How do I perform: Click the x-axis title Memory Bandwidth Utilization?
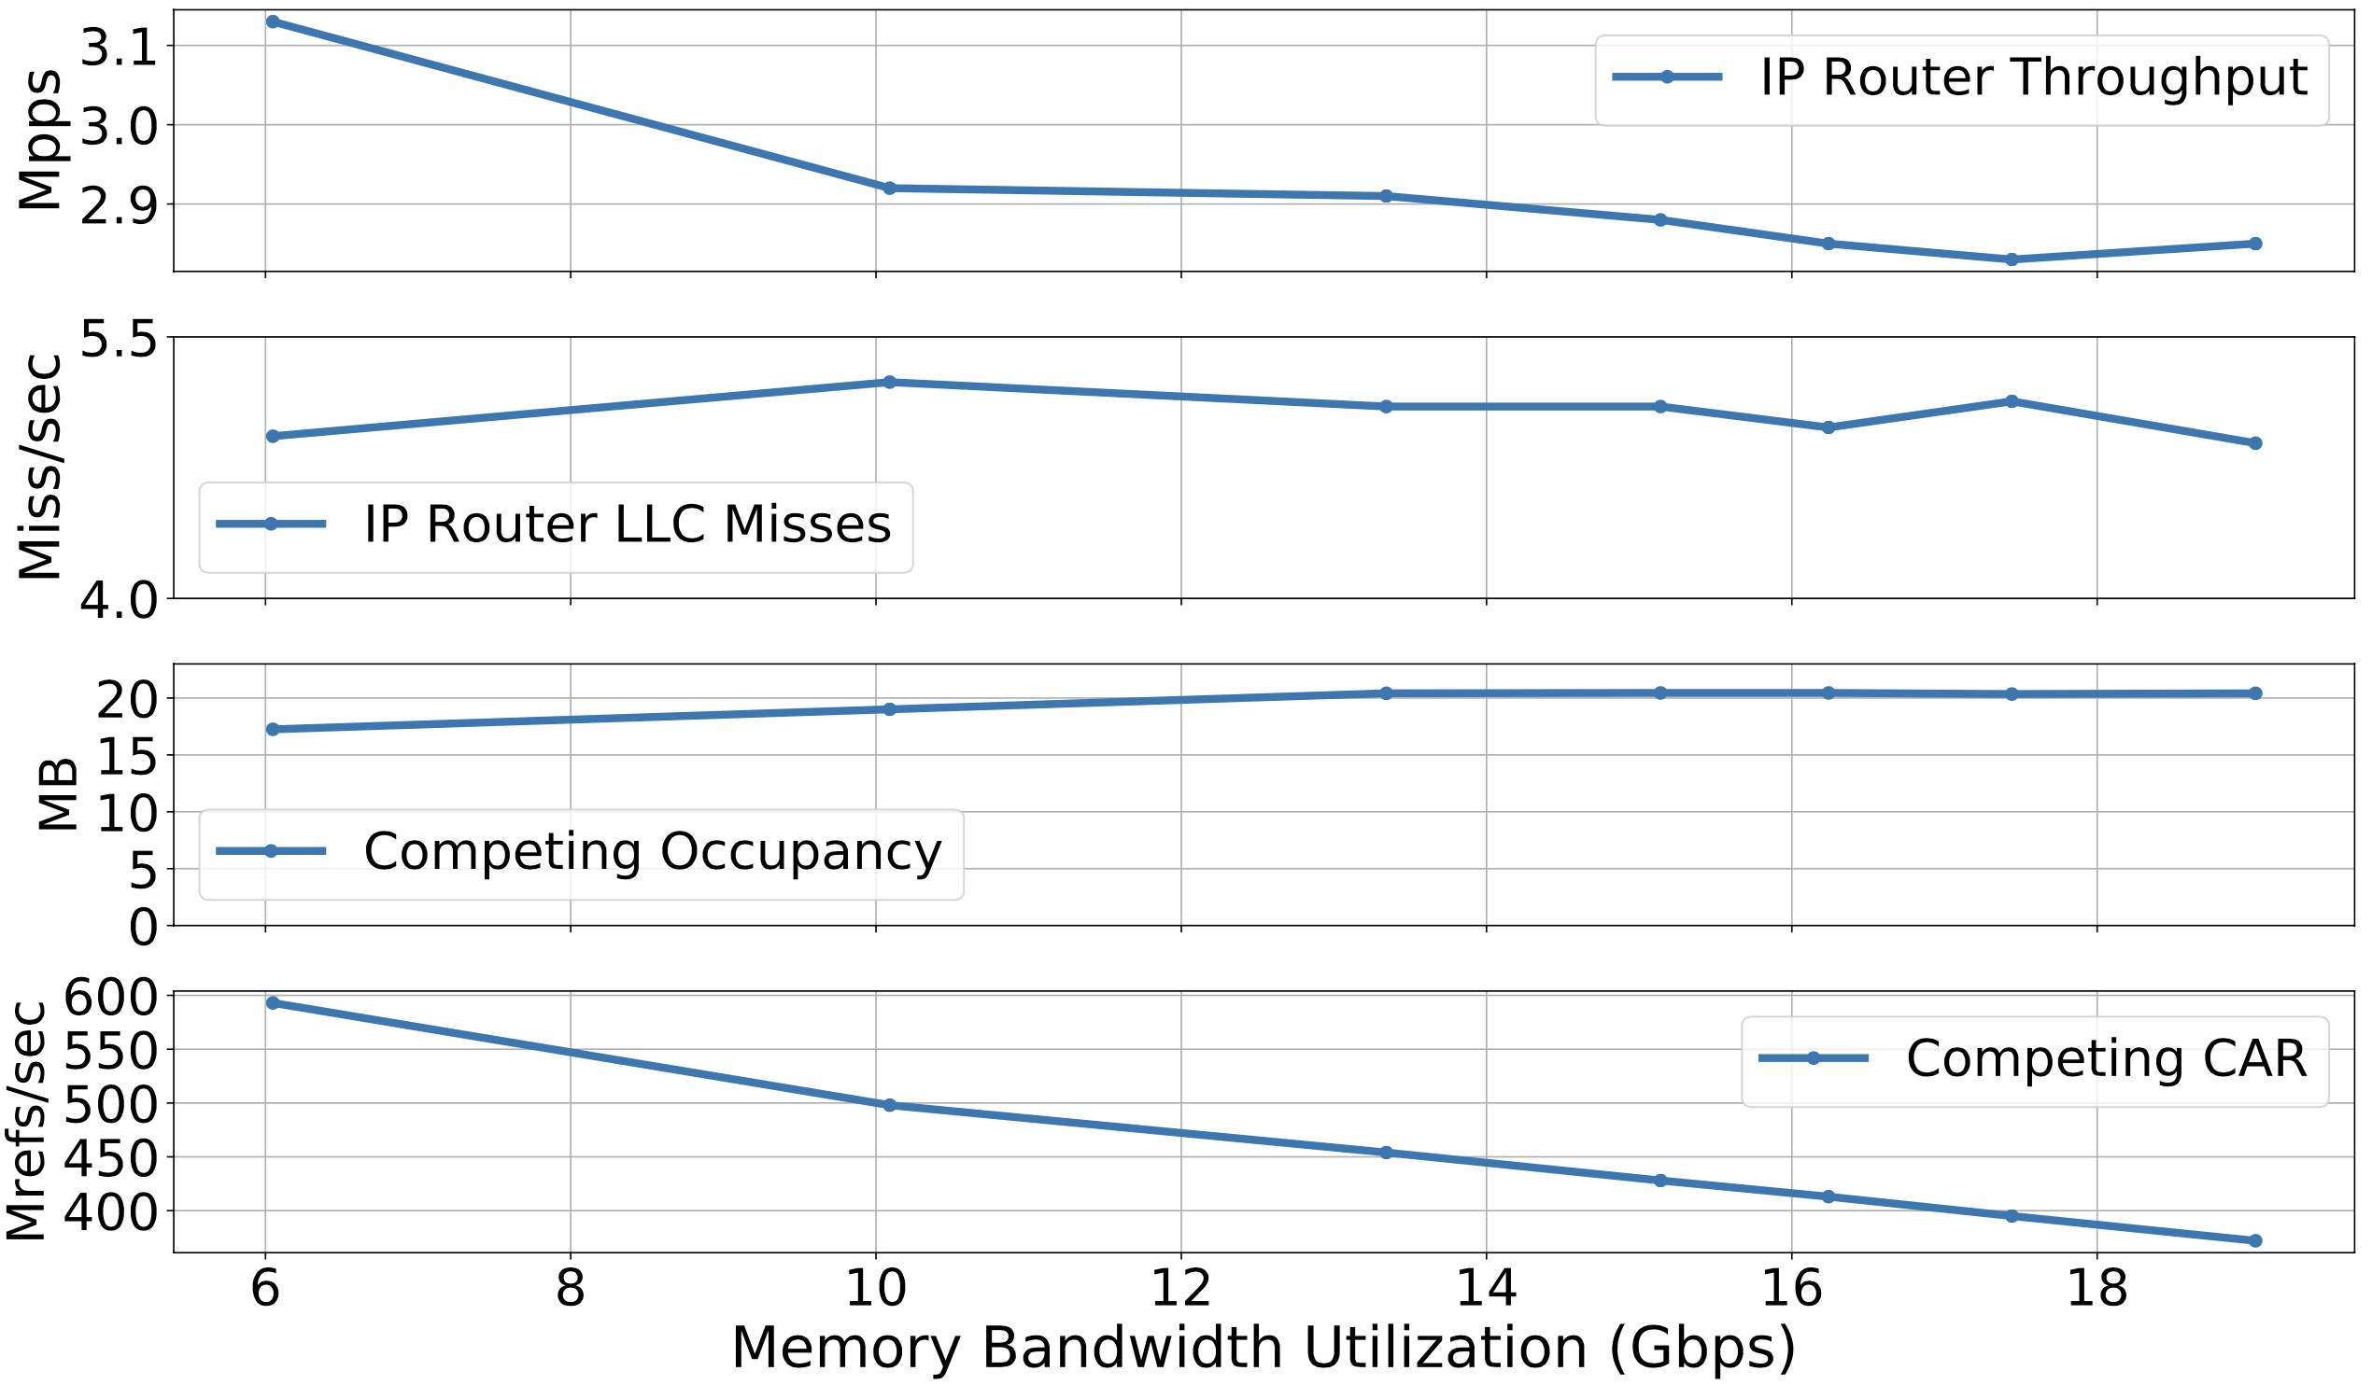pyautogui.click(x=1264, y=1349)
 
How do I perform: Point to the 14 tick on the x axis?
pyautogui.click(x=1487, y=1288)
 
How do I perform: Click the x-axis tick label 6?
pyautogui.click(x=265, y=1288)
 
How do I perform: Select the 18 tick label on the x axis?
pyautogui.click(x=2097, y=1288)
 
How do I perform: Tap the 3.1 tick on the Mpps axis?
pyautogui.click(x=119, y=47)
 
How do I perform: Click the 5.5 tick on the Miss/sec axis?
pyautogui.click(x=119, y=339)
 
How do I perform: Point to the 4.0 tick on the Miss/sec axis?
pyautogui.click(x=119, y=600)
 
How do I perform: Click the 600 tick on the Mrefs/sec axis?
pyautogui.click(x=110, y=998)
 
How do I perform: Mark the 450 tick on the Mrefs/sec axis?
pyautogui.click(x=110, y=1159)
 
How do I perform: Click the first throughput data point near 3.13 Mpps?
pyautogui.click(x=273, y=21)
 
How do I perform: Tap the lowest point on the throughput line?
pyautogui.click(x=2012, y=259)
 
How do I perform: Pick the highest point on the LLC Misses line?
pyautogui.click(x=889, y=383)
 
